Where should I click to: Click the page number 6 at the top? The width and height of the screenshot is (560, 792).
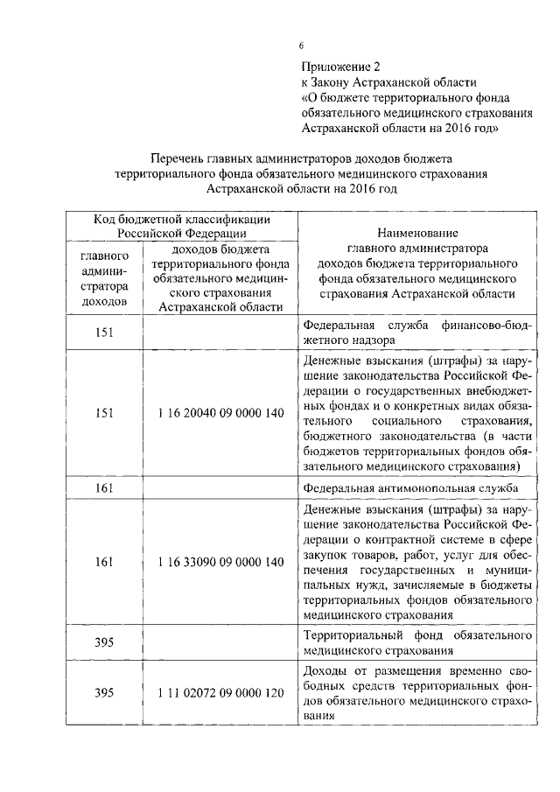pyautogui.click(x=301, y=46)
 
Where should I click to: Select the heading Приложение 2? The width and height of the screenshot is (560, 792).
pyautogui.click(x=342, y=66)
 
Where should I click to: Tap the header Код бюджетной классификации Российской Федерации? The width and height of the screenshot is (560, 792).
pyautogui.click(x=181, y=226)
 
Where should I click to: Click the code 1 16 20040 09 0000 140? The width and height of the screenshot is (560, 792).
pyautogui.click(x=220, y=412)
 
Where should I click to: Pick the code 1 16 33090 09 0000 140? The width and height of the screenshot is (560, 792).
pyautogui.click(x=220, y=561)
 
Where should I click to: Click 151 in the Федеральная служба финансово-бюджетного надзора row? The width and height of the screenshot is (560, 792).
pyautogui.click(x=104, y=333)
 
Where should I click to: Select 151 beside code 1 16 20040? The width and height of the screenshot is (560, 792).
pyautogui.click(x=104, y=412)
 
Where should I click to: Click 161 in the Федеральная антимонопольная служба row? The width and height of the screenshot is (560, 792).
pyautogui.click(x=104, y=487)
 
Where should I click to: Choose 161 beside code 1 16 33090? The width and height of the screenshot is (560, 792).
pyautogui.click(x=104, y=561)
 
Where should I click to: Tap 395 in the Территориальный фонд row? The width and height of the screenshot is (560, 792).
pyautogui.click(x=104, y=642)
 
